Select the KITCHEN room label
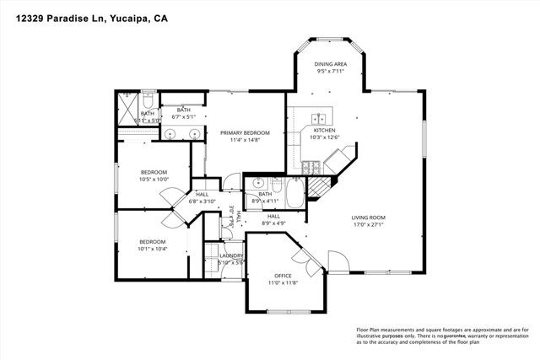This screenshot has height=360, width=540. pyautogui.click(x=325, y=131)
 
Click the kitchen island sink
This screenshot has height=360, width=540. pyautogui.click(x=321, y=118)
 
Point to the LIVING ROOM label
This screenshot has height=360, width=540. pyautogui.click(x=369, y=218)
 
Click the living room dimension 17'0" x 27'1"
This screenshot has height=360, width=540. pyautogui.click(x=369, y=225)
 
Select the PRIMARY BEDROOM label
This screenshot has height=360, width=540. pyautogui.click(x=245, y=133)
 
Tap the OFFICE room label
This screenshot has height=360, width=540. pyautogui.click(x=283, y=276)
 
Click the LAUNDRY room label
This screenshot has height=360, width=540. pyautogui.click(x=231, y=255)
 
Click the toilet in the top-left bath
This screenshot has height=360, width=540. pyautogui.click(x=148, y=99)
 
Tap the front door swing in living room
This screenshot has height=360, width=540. pyautogui.click(x=337, y=262)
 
